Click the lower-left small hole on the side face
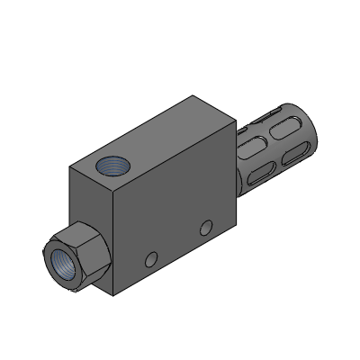click(x=151, y=259)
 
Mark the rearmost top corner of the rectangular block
click(x=193, y=94)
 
